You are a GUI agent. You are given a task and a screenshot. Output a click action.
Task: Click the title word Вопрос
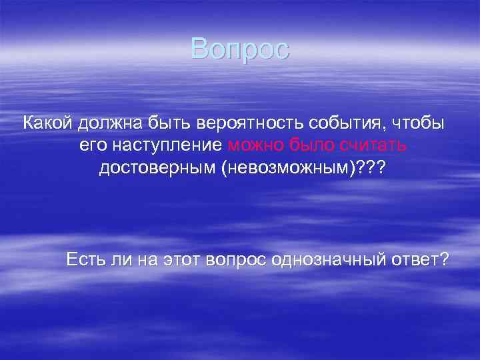[x=240, y=49]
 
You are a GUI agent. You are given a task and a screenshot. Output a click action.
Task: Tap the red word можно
[x=255, y=146]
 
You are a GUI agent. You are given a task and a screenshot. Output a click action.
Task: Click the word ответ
[x=418, y=259]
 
